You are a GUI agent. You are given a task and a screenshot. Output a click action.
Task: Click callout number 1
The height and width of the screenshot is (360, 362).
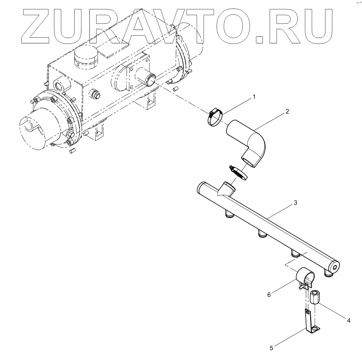click(254, 97)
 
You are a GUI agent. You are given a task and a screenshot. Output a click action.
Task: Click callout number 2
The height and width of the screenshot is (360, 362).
click(287, 112)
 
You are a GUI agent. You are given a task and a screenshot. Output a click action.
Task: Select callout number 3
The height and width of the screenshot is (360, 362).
click(295, 202)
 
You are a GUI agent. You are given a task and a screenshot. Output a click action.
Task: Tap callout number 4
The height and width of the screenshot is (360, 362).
click(349, 321)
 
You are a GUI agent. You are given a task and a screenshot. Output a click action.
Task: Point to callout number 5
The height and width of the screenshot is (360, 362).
click(271, 348)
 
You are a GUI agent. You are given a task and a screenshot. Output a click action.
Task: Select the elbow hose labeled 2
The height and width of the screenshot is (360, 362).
click(249, 142)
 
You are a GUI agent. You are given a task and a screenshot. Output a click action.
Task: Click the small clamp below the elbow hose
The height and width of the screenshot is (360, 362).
click(239, 172)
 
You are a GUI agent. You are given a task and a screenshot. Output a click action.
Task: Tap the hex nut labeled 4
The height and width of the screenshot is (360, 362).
click(315, 297)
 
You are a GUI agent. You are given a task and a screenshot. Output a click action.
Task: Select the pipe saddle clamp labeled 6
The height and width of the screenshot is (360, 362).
click(306, 276)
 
